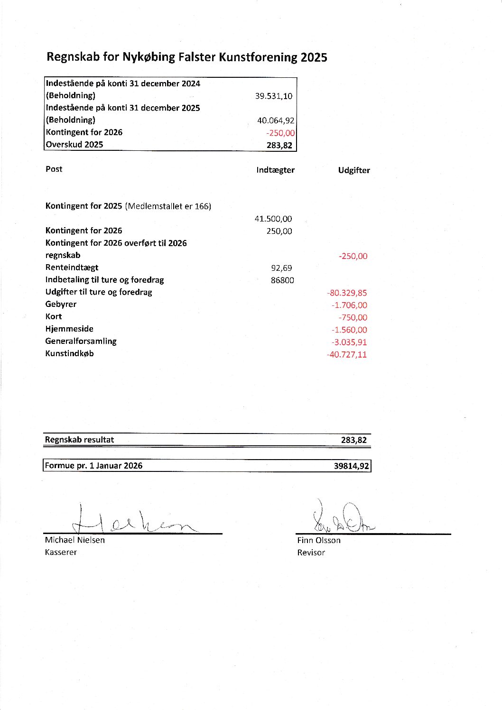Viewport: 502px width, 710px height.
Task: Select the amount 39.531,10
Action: (273, 96)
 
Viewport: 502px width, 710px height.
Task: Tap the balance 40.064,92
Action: (275, 120)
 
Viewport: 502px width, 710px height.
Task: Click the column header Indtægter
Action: (275, 170)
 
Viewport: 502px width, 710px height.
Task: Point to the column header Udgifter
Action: (354, 170)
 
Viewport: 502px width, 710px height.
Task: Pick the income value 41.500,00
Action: (273, 219)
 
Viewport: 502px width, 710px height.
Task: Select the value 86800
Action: (282, 280)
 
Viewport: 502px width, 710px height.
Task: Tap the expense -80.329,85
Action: (347, 293)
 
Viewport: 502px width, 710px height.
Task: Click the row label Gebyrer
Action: (61, 304)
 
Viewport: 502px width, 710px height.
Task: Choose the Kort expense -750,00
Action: (353, 317)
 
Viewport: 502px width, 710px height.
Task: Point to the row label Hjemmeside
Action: (69, 329)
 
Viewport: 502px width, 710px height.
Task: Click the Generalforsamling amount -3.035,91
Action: (349, 342)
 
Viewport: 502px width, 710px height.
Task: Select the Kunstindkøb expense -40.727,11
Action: (346, 354)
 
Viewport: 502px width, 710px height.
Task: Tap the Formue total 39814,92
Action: (351, 466)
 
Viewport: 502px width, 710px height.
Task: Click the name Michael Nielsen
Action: (74, 540)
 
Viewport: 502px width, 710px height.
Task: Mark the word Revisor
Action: (311, 553)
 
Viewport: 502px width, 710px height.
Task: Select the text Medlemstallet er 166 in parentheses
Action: (168, 206)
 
